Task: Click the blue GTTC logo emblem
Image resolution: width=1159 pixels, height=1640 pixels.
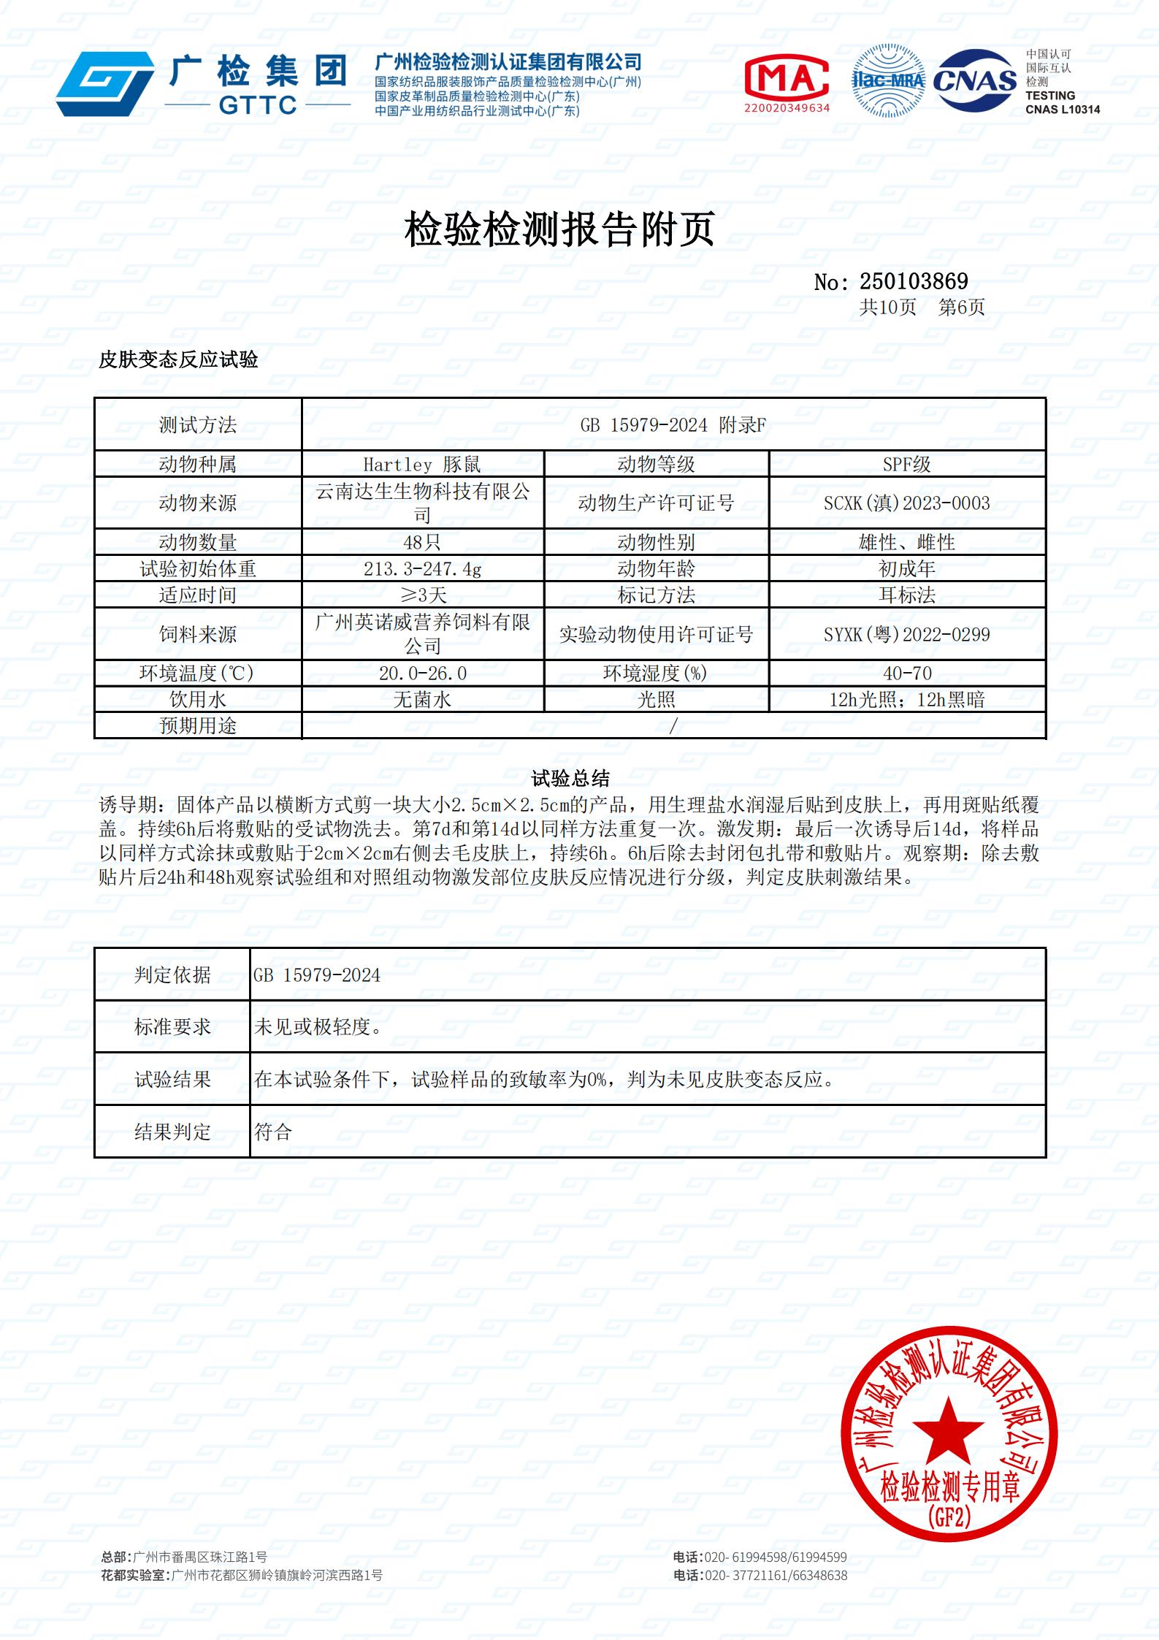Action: pos(105,83)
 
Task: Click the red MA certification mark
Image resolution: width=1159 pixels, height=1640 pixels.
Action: pos(787,77)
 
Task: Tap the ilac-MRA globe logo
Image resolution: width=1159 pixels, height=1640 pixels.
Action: pos(888,81)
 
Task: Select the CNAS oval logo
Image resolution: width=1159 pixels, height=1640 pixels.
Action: pos(975,80)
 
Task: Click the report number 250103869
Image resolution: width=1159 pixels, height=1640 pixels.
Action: pos(914,281)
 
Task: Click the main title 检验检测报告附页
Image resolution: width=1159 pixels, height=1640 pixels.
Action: pos(559,229)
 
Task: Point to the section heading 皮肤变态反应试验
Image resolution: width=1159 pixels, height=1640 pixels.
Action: pos(178,359)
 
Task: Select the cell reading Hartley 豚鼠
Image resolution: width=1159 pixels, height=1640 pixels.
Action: pos(422,465)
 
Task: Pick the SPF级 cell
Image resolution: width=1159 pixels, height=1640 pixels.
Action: pos(906,465)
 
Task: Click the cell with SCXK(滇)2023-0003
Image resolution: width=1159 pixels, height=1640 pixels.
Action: pos(906,503)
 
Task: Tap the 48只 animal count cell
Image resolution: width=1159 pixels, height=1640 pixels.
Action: pos(422,542)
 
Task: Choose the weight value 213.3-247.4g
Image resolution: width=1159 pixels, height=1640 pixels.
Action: pos(422,568)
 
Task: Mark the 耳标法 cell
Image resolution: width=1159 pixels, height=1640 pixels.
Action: pos(906,595)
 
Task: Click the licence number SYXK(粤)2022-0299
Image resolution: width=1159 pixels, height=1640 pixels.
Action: pos(906,634)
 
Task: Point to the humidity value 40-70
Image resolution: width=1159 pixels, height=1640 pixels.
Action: pos(906,673)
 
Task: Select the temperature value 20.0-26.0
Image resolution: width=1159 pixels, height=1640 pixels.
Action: pos(422,673)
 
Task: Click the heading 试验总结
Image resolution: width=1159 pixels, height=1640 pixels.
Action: pos(570,778)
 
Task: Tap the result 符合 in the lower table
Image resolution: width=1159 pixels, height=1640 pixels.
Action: pos(273,1132)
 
